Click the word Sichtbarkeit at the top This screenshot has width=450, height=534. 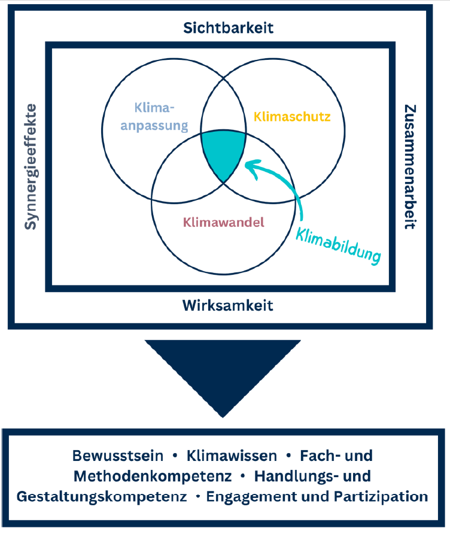[x=224, y=28]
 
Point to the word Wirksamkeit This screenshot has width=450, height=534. [x=227, y=306]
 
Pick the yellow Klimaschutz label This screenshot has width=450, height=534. [x=292, y=116]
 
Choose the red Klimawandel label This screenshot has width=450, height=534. [x=223, y=223]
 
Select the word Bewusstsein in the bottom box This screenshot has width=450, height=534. [x=118, y=456]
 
